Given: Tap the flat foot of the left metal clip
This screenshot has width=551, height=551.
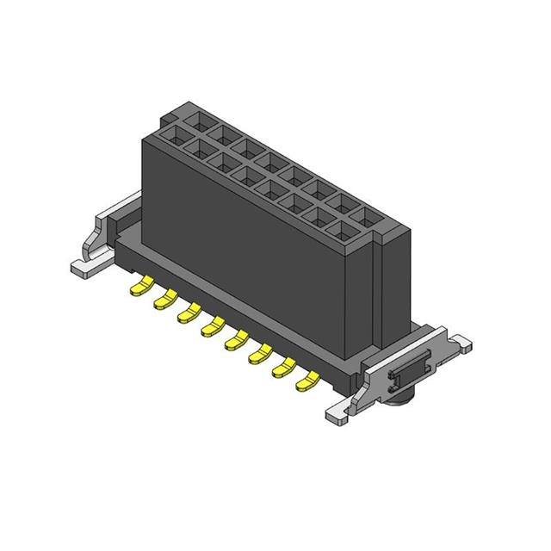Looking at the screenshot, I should click(x=84, y=266).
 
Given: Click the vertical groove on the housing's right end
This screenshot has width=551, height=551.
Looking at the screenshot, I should click(x=378, y=293).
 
